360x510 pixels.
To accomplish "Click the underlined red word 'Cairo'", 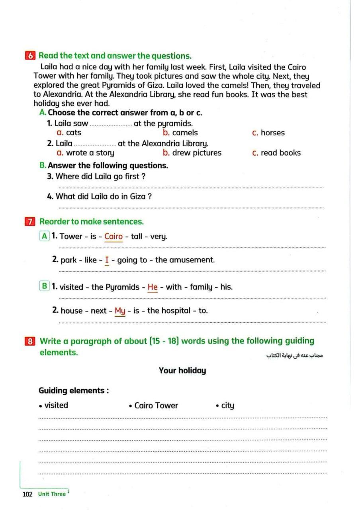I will pyautogui.click(x=113, y=236).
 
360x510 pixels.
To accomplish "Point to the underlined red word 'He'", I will pyautogui.click(x=153, y=287).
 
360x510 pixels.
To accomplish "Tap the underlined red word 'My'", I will pyautogui.click(x=120, y=311).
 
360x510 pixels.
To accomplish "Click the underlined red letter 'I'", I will pyautogui.click(x=107, y=260).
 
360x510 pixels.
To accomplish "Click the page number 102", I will pyautogui.click(x=27, y=494).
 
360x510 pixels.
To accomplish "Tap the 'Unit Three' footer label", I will pyautogui.click(x=52, y=494).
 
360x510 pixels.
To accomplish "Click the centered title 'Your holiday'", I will pyautogui.click(x=182, y=371).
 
